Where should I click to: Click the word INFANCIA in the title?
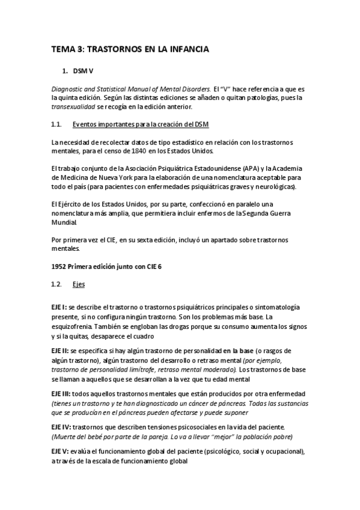tap(185, 51)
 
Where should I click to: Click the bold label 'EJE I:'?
tap(59, 307)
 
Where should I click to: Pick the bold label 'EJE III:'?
tap(61, 395)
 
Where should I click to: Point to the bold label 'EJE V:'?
tap(60, 452)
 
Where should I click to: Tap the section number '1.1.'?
tap(56, 124)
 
